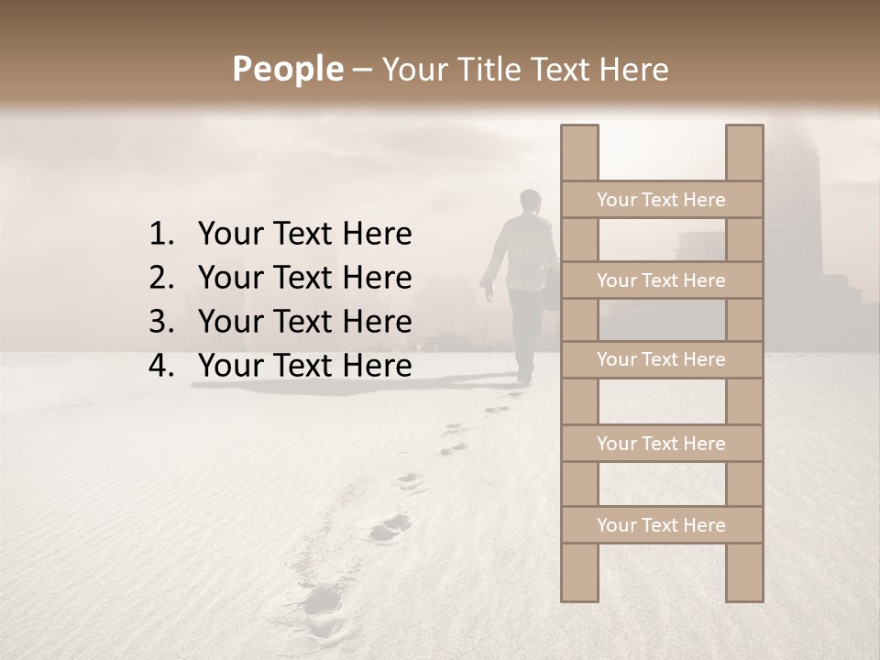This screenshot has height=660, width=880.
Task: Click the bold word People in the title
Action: [x=286, y=70]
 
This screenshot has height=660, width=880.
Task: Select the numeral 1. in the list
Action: [x=161, y=235]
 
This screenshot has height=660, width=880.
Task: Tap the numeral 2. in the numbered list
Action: [x=161, y=278]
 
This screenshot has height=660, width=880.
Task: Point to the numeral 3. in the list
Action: [x=161, y=322]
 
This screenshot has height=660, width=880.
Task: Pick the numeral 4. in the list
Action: [x=161, y=366]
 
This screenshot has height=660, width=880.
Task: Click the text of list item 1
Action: [x=304, y=235]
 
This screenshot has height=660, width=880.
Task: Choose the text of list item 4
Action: [x=304, y=366]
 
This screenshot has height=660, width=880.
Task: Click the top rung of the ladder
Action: [x=661, y=200]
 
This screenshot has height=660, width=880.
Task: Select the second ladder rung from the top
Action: [x=661, y=280]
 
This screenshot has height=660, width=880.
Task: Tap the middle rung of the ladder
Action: [x=661, y=360]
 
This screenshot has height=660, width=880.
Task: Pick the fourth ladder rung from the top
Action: [x=661, y=444]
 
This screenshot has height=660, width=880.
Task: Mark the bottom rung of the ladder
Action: [x=661, y=525]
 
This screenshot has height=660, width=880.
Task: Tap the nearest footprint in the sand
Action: [x=323, y=600]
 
